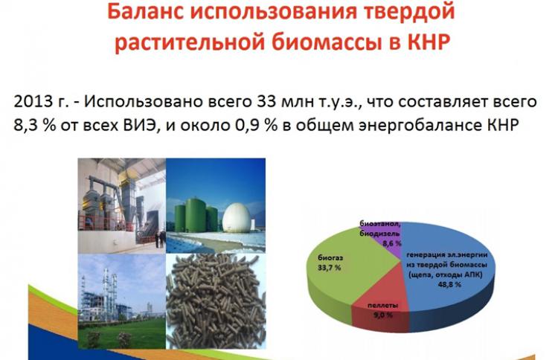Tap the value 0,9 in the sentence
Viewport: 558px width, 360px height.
click(x=247, y=126)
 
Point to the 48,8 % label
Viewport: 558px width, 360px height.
click(x=449, y=285)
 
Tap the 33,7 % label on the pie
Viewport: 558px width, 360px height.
click(x=329, y=267)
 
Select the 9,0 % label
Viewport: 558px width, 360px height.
click(x=383, y=315)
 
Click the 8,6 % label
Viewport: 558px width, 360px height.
click(x=392, y=244)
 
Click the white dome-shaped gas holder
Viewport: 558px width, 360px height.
click(x=237, y=218)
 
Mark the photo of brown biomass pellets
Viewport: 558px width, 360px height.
click(x=216, y=301)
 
